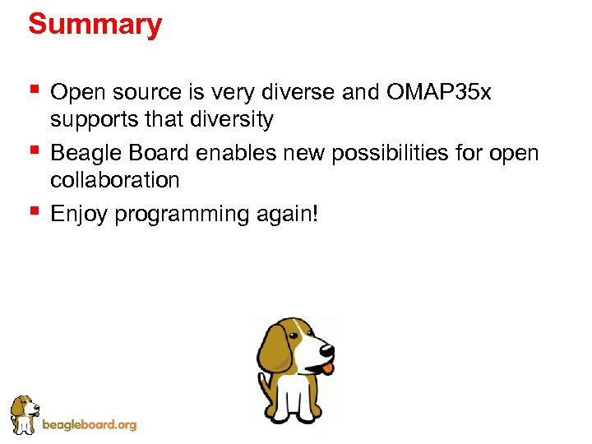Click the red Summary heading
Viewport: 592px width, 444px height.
pos(95,25)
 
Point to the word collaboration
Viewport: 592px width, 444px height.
pos(114,179)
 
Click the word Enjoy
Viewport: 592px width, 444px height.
pos(79,215)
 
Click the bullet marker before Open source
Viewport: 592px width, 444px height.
pos(33,88)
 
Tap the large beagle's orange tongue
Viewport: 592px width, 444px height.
pos(328,368)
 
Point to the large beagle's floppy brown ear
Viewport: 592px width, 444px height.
pos(274,349)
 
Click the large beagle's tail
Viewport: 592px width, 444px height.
pos(264,386)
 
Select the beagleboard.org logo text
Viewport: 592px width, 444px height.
pos(89,425)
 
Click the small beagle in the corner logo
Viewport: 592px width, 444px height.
pos(24,414)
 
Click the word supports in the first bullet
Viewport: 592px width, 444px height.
pos(91,120)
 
